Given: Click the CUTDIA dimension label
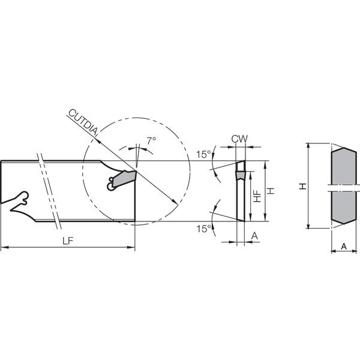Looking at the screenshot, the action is [83, 122].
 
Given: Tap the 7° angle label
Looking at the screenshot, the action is [151, 140].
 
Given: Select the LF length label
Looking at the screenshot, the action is [68, 241].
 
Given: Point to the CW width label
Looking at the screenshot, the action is [239, 139].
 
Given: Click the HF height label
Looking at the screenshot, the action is [258, 196].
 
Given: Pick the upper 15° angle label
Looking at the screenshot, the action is [203, 155].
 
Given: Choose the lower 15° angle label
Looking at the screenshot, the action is [203, 229].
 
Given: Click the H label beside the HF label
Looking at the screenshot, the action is [271, 191].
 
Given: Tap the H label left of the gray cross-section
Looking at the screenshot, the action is [303, 186].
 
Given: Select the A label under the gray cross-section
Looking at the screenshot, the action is [344, 247].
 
